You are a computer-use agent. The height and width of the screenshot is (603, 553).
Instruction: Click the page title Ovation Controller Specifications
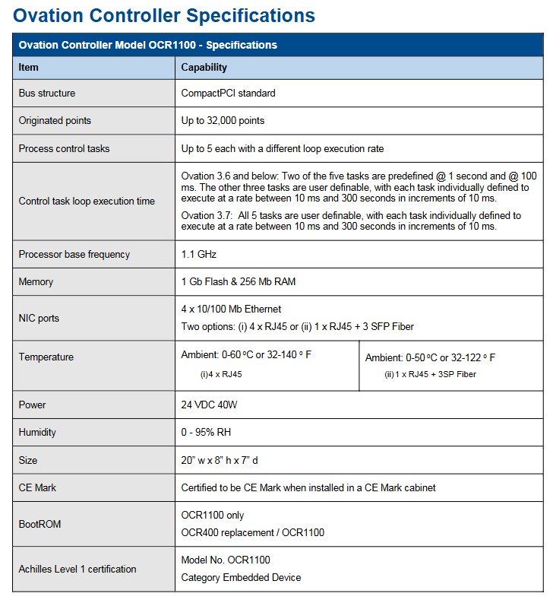pos(164,15)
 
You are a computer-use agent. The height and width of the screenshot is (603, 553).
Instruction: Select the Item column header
pos(29,68)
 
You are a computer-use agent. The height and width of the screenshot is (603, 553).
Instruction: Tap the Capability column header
pos(204,68)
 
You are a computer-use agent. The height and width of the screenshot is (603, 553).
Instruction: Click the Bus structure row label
pos(47,94)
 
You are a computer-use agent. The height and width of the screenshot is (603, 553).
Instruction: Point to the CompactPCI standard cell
pos(228,94)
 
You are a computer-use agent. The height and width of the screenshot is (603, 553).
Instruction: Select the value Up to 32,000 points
pos(223,121)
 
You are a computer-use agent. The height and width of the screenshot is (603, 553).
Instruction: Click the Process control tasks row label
pos(64,149)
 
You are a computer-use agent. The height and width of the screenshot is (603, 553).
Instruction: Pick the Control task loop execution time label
pos(87,202)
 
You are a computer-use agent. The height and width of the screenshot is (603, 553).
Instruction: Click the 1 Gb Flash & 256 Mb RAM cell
pos(238,282)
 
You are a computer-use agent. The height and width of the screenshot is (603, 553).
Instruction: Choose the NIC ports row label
pos(39,319)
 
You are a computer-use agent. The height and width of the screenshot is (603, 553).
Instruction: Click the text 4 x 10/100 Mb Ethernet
pos(231,309)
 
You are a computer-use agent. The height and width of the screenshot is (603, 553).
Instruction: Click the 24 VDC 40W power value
pos(209,405)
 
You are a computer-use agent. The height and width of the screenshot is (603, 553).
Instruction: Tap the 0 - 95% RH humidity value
pos(206,433)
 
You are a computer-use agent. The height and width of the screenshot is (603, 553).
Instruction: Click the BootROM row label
pos(39,525)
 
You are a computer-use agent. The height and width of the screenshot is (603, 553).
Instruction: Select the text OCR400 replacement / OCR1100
pos(252,532)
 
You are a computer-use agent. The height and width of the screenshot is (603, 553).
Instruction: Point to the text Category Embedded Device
pos(241,578)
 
